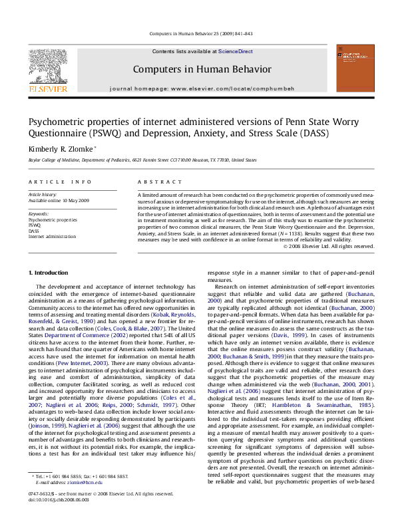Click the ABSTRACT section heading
[x=156, y=182]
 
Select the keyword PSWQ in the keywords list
[x=35, y=225]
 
